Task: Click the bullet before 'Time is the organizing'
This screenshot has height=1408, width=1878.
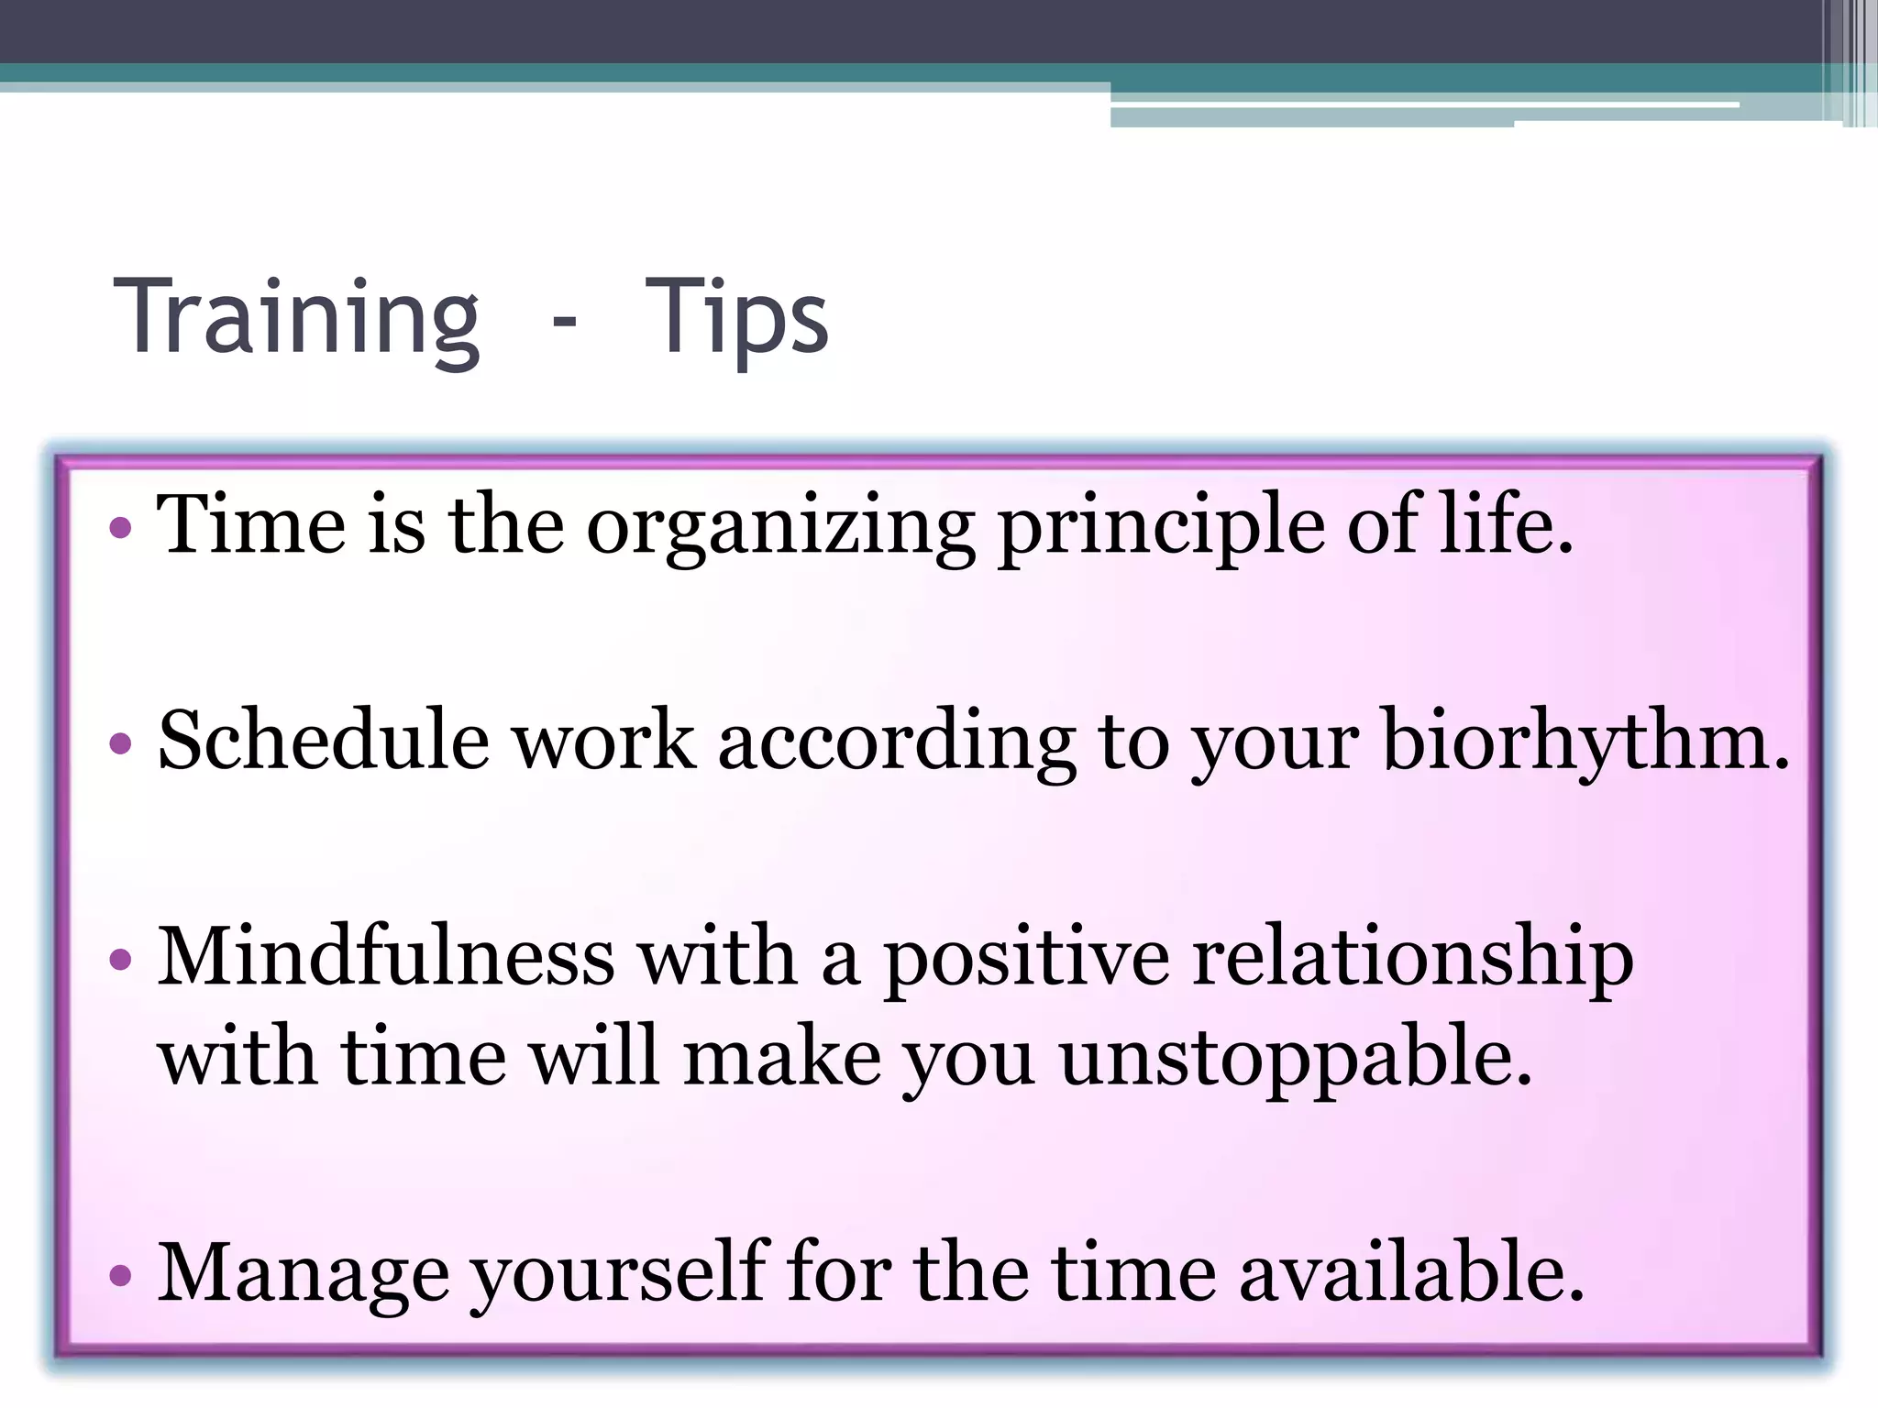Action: pos(120,528)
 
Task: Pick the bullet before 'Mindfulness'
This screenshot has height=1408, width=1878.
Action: pos(120,960)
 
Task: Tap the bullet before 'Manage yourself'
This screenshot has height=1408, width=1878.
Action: pos(120,1275)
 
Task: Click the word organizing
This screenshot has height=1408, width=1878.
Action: pos(780,528)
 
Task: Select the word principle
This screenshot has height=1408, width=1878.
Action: pos(1161,528)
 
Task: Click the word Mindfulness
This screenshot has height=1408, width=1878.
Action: pos(385,957)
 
